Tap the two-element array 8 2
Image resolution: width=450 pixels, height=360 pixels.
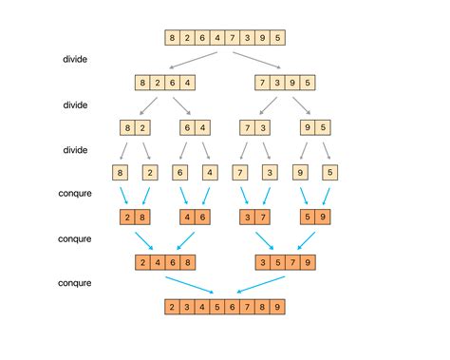point(134,127)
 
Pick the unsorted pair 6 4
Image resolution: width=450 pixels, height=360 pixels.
point(195,127)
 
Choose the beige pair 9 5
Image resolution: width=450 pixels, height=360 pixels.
point(316,127)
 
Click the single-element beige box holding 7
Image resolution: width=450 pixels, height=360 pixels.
point(241,172)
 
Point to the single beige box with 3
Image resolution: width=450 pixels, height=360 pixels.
point(271,172)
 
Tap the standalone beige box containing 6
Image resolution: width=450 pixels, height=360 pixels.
point(179,172)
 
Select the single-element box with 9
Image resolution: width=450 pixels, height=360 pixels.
point(301,172)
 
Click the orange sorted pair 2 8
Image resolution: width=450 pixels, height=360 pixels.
point(134,218)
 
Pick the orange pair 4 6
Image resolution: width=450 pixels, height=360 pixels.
point(195,218)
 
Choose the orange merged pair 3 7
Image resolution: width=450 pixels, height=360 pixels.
point(255,218)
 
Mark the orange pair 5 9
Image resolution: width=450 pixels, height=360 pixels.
point(316,218)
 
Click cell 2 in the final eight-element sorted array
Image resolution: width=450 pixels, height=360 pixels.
point(172,307)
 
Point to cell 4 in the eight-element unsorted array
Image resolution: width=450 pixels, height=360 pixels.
point(217,38)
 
